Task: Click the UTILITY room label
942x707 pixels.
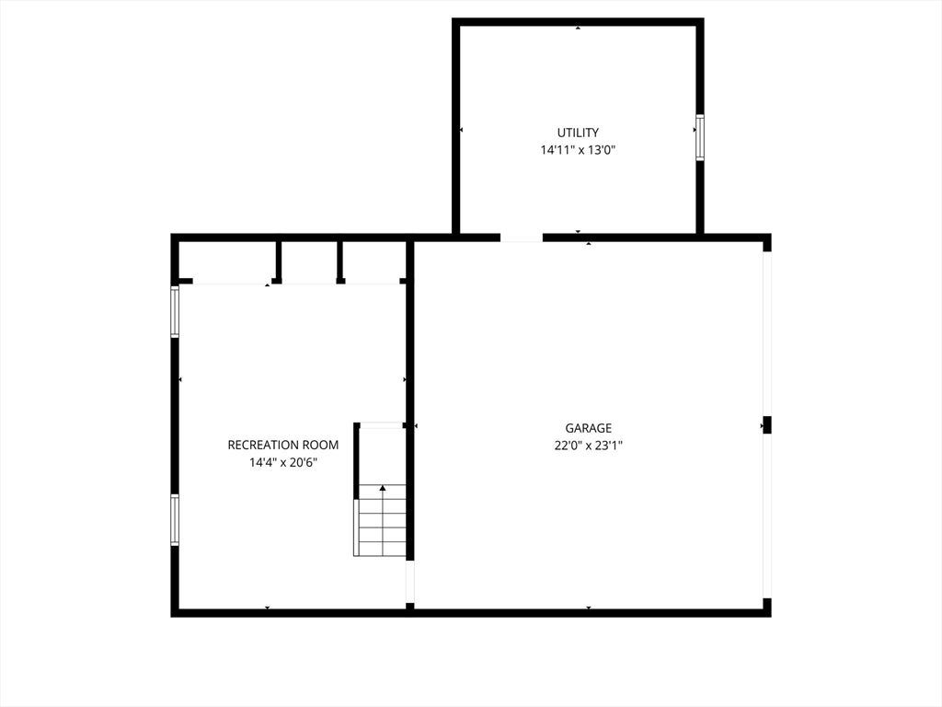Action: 578,133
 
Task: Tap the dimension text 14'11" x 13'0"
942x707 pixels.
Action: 578,150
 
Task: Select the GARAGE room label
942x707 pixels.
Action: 588,428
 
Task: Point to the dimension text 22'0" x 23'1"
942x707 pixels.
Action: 588,446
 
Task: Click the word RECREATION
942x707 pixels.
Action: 262,445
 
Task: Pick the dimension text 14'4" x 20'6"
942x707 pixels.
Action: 283,462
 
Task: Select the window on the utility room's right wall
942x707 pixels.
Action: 700,137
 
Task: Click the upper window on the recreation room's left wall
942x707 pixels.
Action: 175,311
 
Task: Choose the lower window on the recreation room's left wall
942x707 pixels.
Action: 175,519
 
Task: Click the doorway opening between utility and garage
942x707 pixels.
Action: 522,238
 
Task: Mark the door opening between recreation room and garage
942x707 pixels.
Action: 410,582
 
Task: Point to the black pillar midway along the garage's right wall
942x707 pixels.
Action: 766,425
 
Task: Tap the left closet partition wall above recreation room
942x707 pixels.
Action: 278,261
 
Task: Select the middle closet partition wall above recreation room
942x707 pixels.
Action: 339,261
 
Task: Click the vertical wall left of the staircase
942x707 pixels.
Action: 356,460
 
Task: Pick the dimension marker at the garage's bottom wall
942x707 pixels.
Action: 589,608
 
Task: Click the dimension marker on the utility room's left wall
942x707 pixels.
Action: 462,130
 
